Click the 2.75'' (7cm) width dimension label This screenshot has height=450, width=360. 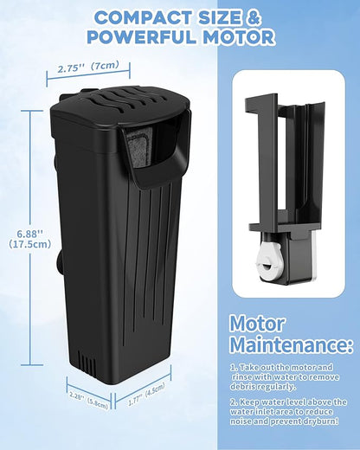tap(87, 66)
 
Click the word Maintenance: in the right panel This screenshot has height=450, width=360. tap(290, 347)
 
